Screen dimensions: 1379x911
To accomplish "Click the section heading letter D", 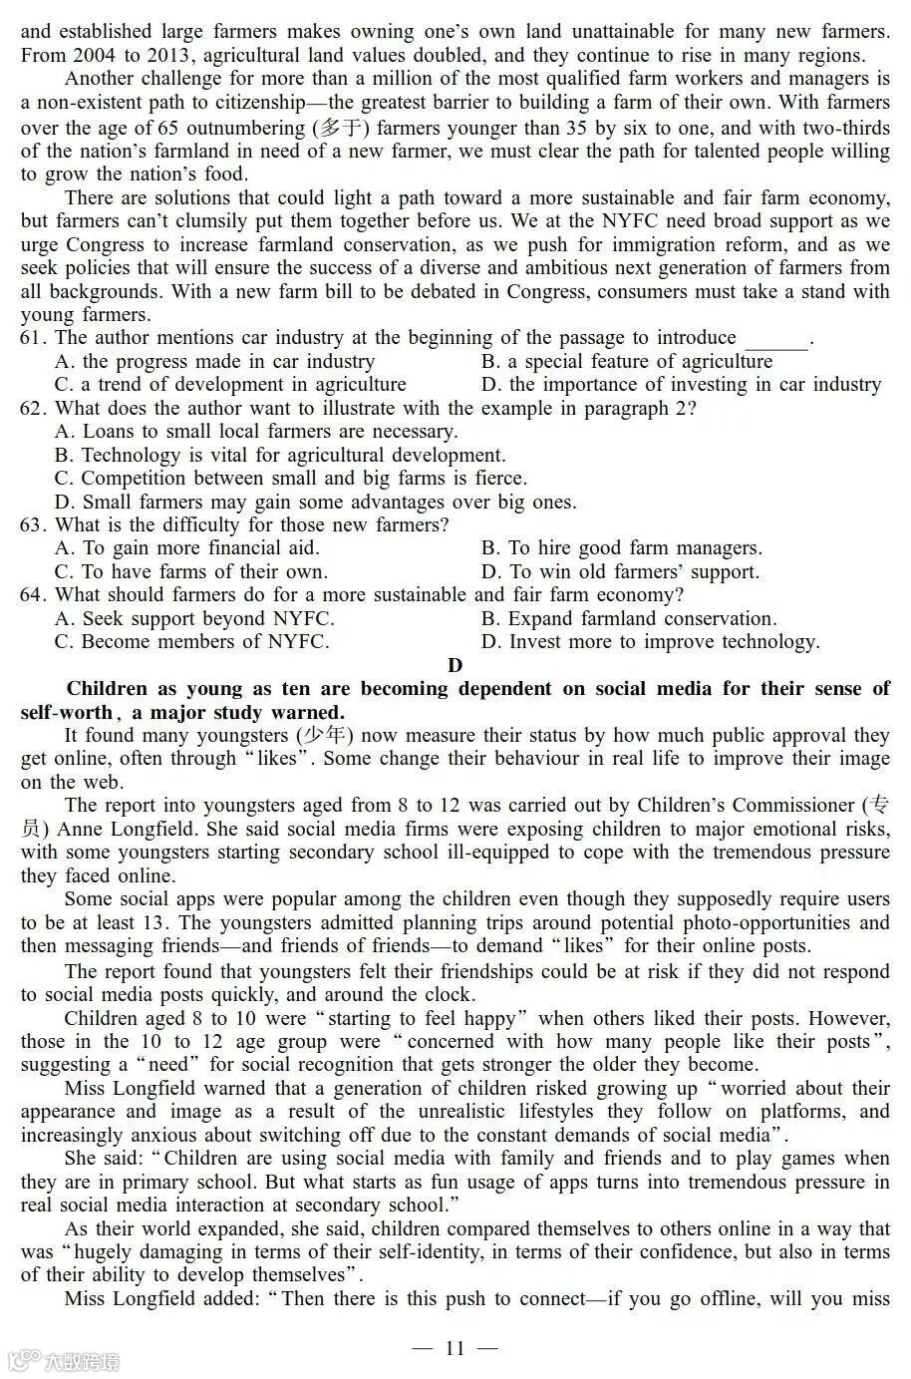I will tap(455, 665).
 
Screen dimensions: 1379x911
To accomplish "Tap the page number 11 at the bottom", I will tap(455, 1349).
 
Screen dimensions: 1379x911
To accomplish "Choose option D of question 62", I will tap(315, 503).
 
